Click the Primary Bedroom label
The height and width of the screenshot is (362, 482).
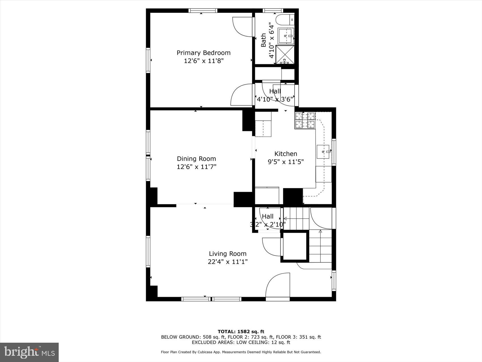tap(203, 53)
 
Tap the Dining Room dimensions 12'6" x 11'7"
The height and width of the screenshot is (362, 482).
tap(196, 167)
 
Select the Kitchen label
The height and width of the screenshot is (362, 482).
tap(286, 154)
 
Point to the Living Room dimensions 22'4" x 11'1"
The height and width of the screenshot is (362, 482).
tap(228, 261)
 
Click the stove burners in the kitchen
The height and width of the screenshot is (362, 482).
tap(305, 120)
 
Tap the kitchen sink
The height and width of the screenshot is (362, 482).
tap(324, 152)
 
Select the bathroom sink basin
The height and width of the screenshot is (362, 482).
tap(286, 35)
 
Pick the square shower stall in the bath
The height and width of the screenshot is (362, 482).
tap(285, 55)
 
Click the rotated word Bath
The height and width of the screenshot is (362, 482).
tap(263, 40)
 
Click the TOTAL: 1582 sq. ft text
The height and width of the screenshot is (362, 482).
tap(241, 331)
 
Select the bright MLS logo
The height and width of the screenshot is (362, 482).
tap(29, 352)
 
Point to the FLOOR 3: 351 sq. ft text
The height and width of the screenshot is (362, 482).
tap(299, 337)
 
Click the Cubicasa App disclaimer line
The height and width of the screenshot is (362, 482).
tap(241, 352)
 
